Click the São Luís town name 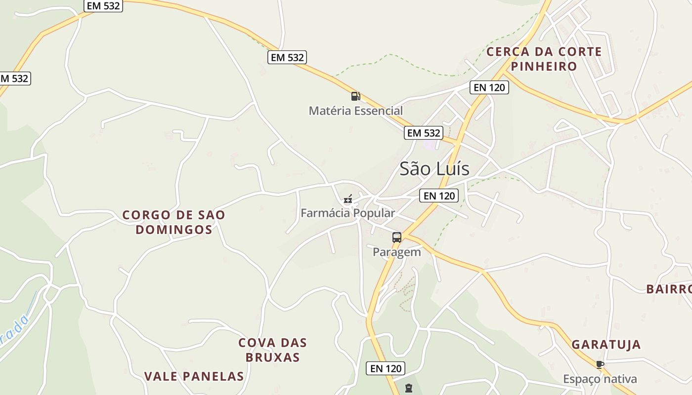pyautogui.click(x=434, y=169)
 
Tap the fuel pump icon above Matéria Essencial pyautogui.click(x=355, y=96)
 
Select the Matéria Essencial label pyautogui.click(x=356, y=111)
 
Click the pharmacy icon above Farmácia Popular pyautogui.click(x=348, y=199)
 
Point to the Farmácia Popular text pyautogui.click(x=348, y=213)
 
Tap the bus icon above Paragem pyautogui.click(x=397, y=237)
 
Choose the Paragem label pyautogui.click(x=397, y=252)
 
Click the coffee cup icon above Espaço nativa pyautogui.click(x=600, y=365)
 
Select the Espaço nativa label pyautogui.click(x=600, y=379)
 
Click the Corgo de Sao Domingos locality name pyautogui.click(x=174, y=222)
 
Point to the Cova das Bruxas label pyautogui.click(x=272, y=350)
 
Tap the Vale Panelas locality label pyautogui.click(x=194, y=376)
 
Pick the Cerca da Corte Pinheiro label pyautogui.click(x=544, y=59)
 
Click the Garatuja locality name pyautogui.click(x=606, y=345)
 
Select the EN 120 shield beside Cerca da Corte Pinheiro pyautogui.click(x=489, y=87)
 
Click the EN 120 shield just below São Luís pyautogui.click(x=439, y=196)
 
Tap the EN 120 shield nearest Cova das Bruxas pyautogui.click(x=386, y=368)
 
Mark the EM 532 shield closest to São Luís pyautogui.click(x=423, y=133)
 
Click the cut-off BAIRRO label pyautogui.click(x=669, y=289)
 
